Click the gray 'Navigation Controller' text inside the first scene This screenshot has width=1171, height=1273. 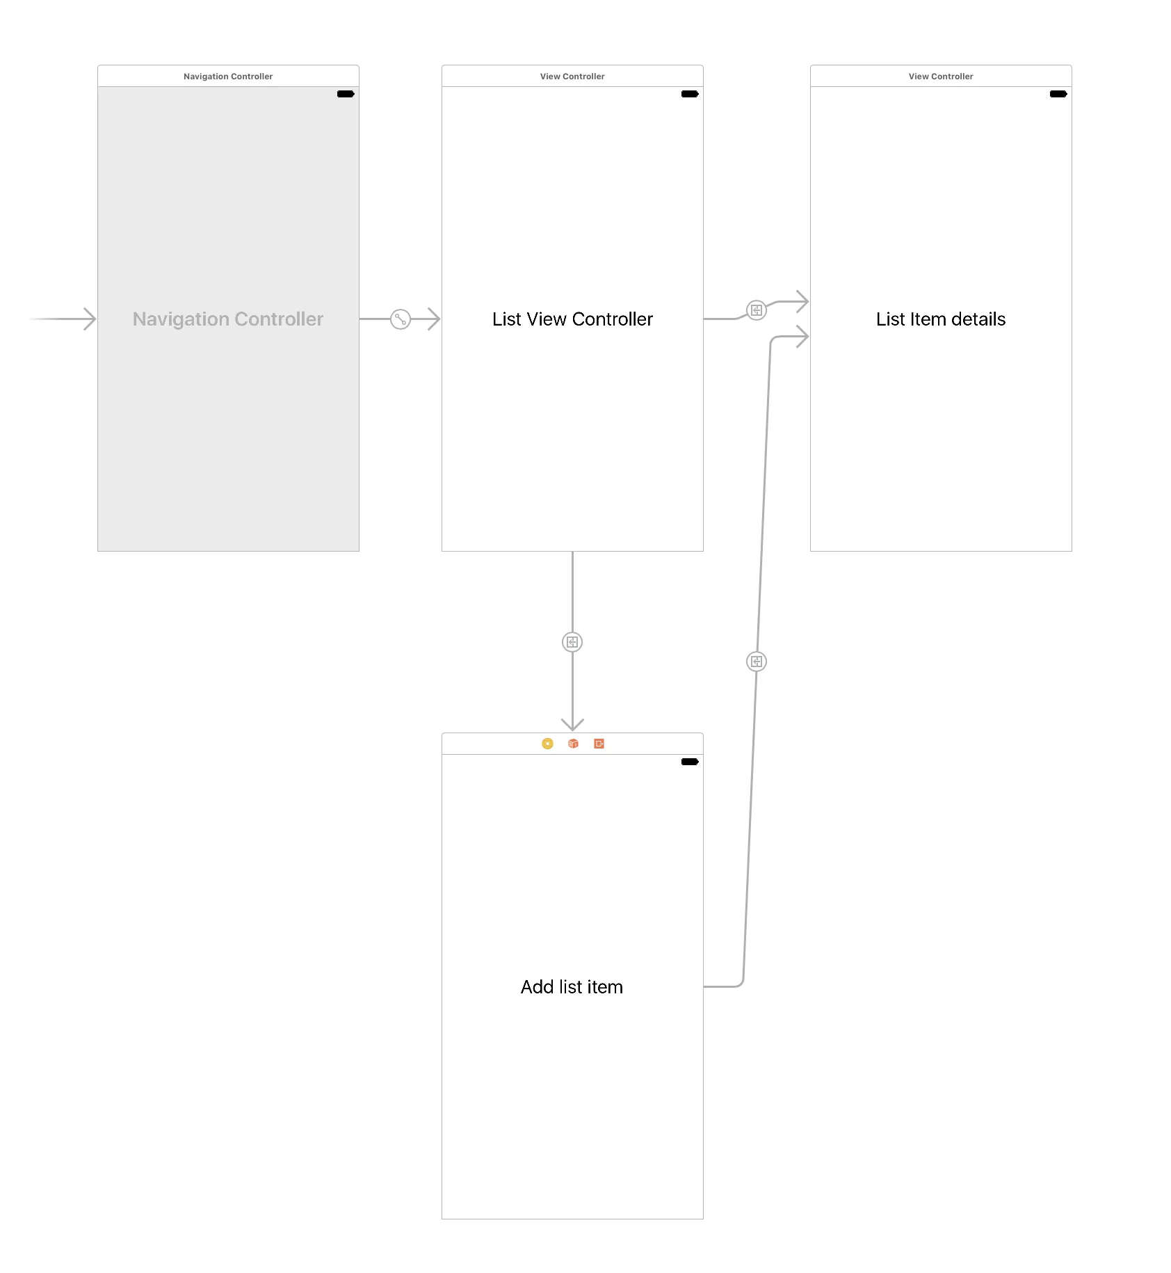228,319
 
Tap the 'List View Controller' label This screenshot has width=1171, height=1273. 572,319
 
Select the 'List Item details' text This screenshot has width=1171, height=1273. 940,319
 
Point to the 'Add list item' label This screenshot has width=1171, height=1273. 572,987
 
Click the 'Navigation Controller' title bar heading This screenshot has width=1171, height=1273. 228,77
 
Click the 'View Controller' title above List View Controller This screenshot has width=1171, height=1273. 572,77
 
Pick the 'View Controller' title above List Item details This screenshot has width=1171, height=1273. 940,77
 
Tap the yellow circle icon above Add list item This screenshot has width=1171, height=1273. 547,744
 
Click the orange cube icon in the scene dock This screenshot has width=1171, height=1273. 573,744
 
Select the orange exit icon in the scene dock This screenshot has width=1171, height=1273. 599,744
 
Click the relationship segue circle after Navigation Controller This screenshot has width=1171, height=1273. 401,319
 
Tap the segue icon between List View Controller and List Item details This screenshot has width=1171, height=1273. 756,310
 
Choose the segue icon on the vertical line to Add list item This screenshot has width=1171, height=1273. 572,642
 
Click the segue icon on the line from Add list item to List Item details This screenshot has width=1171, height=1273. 756,662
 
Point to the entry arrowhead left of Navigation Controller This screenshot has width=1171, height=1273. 89,319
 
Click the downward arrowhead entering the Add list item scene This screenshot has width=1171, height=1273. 572,724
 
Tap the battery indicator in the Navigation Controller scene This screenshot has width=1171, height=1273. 346,94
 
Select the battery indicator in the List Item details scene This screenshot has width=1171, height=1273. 1058,94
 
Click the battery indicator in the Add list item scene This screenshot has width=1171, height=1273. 690,762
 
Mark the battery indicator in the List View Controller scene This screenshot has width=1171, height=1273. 690,94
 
